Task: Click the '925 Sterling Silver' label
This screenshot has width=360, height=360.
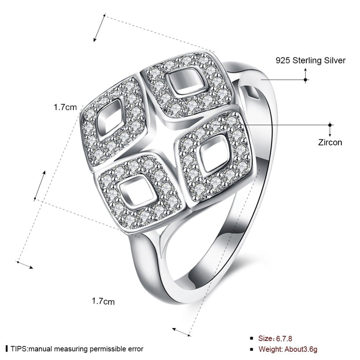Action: [310, 60]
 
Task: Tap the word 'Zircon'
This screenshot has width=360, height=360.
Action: [330, 142]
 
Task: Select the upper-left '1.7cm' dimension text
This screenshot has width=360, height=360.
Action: [65, 107]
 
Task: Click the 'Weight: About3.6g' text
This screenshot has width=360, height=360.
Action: [288, 349]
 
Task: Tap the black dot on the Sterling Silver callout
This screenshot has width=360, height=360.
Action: [305, 79]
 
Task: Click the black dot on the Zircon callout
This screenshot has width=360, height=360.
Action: [330, 125]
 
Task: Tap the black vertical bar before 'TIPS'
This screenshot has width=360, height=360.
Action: [7, 349]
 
